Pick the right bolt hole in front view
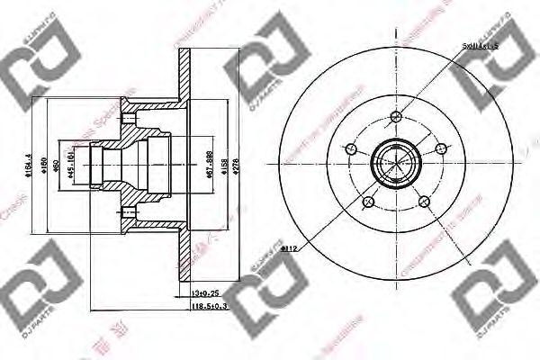[440, 148]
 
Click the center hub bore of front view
[396, 163]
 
